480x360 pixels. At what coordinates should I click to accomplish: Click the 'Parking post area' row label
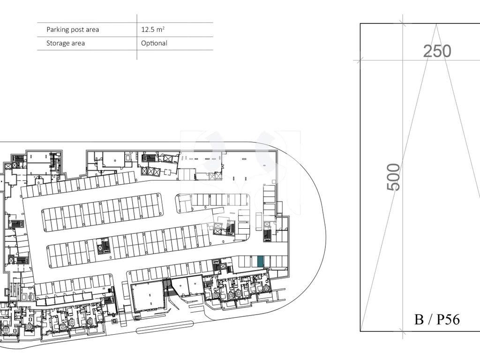[73, 30]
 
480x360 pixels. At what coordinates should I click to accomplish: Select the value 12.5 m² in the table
[153, 30]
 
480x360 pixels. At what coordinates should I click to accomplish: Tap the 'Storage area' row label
[66, 43]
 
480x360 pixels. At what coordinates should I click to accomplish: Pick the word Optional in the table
[154, 43]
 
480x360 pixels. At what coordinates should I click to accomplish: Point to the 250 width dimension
[437, 51]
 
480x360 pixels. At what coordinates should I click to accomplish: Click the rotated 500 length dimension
[394, 177]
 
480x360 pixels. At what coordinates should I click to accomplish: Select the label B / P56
[437, 319]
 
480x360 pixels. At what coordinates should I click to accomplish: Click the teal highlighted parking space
[260, 261]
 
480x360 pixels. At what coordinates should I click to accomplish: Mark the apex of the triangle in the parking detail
[436, 24]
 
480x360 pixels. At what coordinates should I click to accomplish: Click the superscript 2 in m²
[164, 28]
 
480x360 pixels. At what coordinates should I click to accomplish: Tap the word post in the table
[77, 30]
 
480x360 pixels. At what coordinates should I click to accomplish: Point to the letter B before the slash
[419, 319]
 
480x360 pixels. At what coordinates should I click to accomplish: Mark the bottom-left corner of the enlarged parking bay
[360, 331]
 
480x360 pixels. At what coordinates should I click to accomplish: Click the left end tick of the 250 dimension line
[360, 60]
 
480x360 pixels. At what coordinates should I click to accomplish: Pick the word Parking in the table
[58, 30]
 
